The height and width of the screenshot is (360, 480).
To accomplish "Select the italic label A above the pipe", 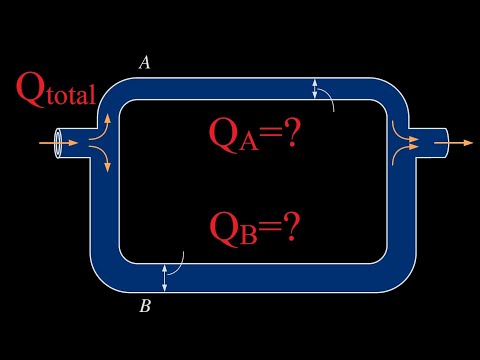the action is (x=145, y=63).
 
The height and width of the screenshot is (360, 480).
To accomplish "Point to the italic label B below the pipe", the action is (x=145, y=306).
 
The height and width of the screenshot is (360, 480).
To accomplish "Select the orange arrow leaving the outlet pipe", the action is (x=463, y=143).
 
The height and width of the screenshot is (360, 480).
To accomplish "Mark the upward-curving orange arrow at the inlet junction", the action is (x=102, y=127).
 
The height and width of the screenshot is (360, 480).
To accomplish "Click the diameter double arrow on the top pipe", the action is (x=315, y=89).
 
